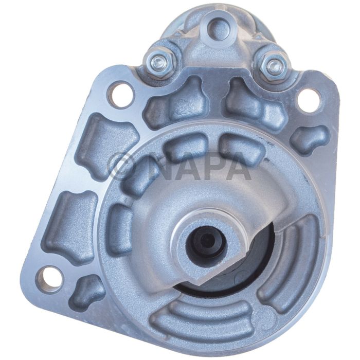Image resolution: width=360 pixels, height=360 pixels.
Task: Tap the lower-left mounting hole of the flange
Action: click(x=49, y=278)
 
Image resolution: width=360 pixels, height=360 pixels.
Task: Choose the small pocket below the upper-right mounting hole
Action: click(x=309, y=137)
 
